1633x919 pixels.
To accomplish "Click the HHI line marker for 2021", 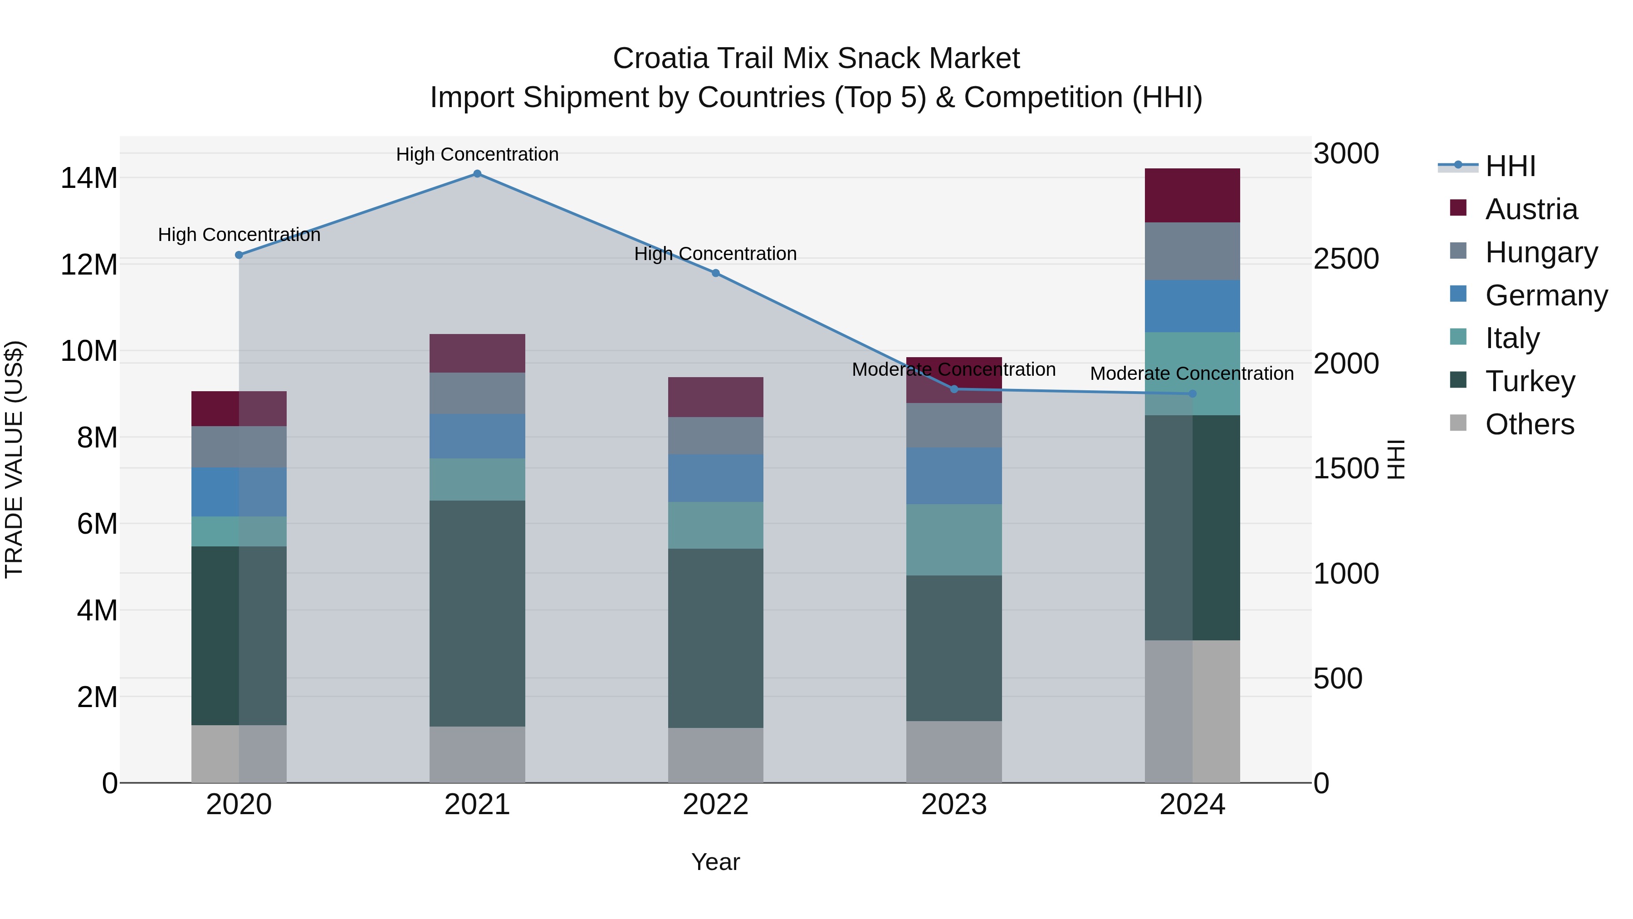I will (x=477, y=174).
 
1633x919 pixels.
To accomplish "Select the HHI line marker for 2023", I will (x=954, y=389).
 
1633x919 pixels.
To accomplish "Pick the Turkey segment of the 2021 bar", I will (x=477, y=613).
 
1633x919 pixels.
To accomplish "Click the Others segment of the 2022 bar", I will (x=716, y=755).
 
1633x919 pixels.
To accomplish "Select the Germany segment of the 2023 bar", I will (x=954, y=476).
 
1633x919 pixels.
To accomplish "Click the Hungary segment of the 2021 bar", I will (x=477, y=393).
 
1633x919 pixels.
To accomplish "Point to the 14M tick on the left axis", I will (x=89, y=178).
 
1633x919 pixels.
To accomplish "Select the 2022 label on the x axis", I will (x=716, y=805).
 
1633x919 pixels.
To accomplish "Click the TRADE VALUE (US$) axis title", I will (x=14, y=459).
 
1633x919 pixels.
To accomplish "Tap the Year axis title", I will (x=716, y=862).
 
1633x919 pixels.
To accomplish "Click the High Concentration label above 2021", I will (x=477, y=154).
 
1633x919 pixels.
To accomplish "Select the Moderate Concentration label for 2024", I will (x=1192, y=373).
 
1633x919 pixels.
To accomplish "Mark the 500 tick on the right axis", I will (x=1338, y=678).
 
